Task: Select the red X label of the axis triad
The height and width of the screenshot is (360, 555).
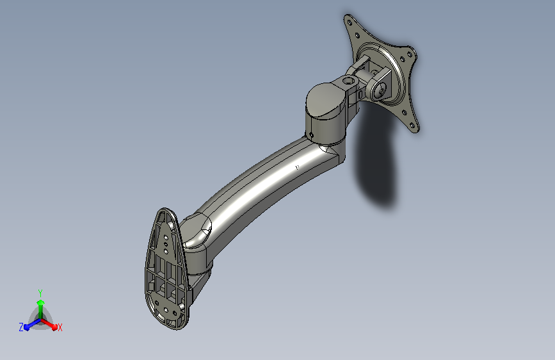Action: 60,328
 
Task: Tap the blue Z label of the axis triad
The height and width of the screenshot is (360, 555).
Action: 21,327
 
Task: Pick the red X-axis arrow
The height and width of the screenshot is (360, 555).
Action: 51,324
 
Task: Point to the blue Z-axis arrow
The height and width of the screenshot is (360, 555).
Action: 29,325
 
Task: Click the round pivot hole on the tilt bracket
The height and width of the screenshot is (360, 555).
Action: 379,90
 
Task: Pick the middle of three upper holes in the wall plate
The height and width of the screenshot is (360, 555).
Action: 166,243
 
